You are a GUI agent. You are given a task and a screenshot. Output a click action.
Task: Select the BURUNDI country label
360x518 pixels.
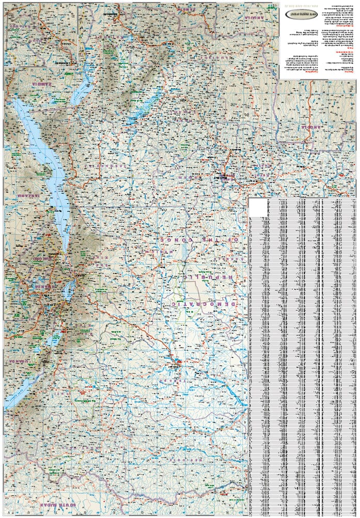[41, 258]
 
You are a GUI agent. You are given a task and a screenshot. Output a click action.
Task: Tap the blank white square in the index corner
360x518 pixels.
[258, 208]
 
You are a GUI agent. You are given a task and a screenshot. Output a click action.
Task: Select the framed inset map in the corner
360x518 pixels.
[40, 35]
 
